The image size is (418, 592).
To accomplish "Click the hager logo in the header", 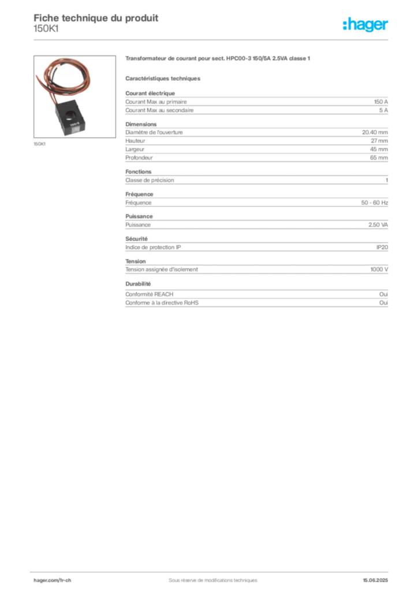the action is (x=365, y=24).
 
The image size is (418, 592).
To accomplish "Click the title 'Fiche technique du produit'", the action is (x=96, y=18).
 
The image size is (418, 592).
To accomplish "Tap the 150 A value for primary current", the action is (x=380, y=102).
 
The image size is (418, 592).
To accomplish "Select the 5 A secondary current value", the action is (x=383, y=110).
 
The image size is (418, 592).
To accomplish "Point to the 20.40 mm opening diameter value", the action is (x=375, y=132).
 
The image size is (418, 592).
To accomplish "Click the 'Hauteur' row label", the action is (x=135, y=141).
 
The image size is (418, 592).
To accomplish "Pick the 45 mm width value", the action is (x=379, y=149).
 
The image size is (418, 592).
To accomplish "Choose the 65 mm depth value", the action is (x=379, y=157).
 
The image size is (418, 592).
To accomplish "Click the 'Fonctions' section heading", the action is (x=139, y=171).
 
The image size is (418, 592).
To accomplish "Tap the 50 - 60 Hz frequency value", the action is (x=374, y=203).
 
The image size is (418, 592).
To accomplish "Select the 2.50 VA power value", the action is (x=378, y=225).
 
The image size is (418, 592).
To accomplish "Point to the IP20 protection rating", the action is (x=382, y=247).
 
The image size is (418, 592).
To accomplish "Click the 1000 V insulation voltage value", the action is (x=379, y=269).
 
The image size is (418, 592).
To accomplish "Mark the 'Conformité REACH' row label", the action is (x=150, y=294).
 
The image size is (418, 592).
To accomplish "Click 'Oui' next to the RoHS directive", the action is (x=384, y=303).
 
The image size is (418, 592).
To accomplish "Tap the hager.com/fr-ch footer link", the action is (x=52, y=580).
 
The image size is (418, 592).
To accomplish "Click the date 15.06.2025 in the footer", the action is (x=375, y=580).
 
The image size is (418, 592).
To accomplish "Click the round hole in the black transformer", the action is (x=70, y=115).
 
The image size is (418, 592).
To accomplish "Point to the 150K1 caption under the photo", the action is (x=40, y=144).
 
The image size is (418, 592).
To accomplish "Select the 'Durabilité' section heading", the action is (x=138, y=283).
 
